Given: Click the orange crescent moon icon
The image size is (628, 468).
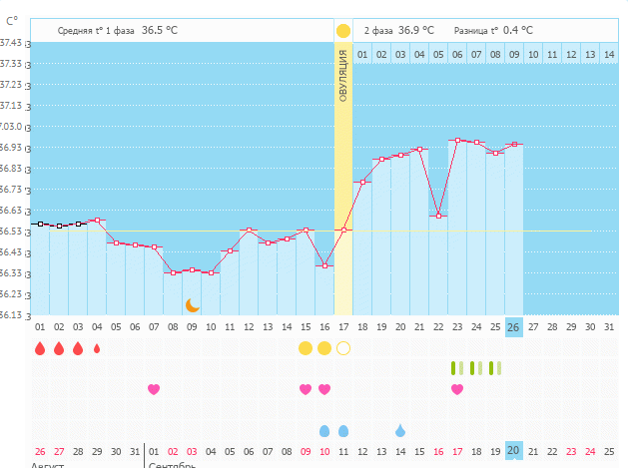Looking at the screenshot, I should pyautogui.click(x=193, y=305).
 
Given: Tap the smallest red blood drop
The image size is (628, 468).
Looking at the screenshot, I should pyautogui.click(x=97, y=348).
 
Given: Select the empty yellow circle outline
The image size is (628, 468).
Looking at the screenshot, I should pyautogui.click(x=343, y=348).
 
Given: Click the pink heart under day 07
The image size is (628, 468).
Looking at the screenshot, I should pyautogui.click(x=154, y=389).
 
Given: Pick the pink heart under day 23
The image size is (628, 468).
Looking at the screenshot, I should pyautogui.click(x=457, y=389).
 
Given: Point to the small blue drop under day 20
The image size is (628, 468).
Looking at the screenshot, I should pyautogui.click(x=400, y=430).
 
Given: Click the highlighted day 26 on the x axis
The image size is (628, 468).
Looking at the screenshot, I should pyautogui.click(x=514, y=327).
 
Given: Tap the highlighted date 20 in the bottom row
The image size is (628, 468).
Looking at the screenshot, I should pyautogui.click(x=514, y=451).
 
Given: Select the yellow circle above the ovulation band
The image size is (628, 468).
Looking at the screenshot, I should pyautogui.click(x=343, y=31).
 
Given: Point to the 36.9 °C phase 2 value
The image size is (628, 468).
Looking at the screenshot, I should pyautogui.click(x=416, y=31).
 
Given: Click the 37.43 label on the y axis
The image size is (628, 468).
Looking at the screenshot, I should pyautogui.click(x=11, y=43).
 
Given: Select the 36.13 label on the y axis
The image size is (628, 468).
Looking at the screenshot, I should pyautogui.click(x=11, y=315).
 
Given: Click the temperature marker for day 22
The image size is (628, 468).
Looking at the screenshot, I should pyautogui.click(x=438, y=216).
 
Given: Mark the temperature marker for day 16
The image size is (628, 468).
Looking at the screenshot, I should pyautogui.click(x=324, y=265).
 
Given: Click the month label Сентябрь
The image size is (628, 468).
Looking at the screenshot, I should pyautogui.click(x=173, y=464).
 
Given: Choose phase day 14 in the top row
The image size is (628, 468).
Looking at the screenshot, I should pyautogui.click(x=609, y=54).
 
